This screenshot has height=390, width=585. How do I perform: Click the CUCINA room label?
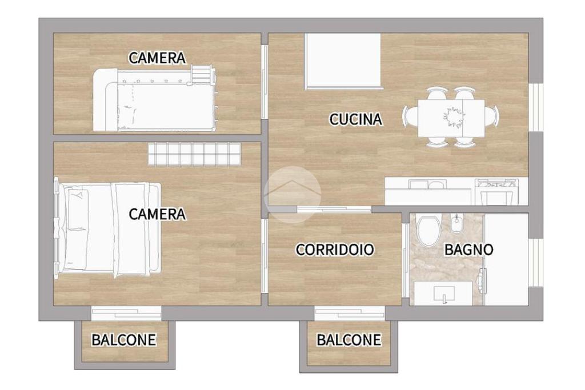click(x=355, y=119)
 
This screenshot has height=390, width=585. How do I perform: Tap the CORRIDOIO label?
click(x=335, y=250)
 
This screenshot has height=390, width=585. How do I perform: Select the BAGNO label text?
click(x=468, y=250)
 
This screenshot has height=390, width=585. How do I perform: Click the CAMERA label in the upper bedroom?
click(x=157, y=58)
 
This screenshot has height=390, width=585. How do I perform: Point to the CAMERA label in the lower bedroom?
click(x=157, y=214)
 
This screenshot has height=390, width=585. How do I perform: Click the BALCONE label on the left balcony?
click(x=124, y=340)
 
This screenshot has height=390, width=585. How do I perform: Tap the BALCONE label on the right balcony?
click(x=349, y=340)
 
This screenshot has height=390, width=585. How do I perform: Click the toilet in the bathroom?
click(x=428, y=231)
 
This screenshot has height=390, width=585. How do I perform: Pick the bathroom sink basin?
click(x=444, y=292)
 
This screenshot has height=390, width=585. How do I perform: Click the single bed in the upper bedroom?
click(x=155, y=99)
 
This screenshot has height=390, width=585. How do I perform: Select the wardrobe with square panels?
click(x=194, y=154)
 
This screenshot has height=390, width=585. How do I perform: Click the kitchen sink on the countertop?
click(x=427, y=184)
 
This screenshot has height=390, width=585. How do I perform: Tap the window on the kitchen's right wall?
click(x=536, y=107)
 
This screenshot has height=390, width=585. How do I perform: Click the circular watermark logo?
click(x=292, y=194)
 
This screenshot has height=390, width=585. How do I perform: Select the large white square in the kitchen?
click(x=343, y=61)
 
